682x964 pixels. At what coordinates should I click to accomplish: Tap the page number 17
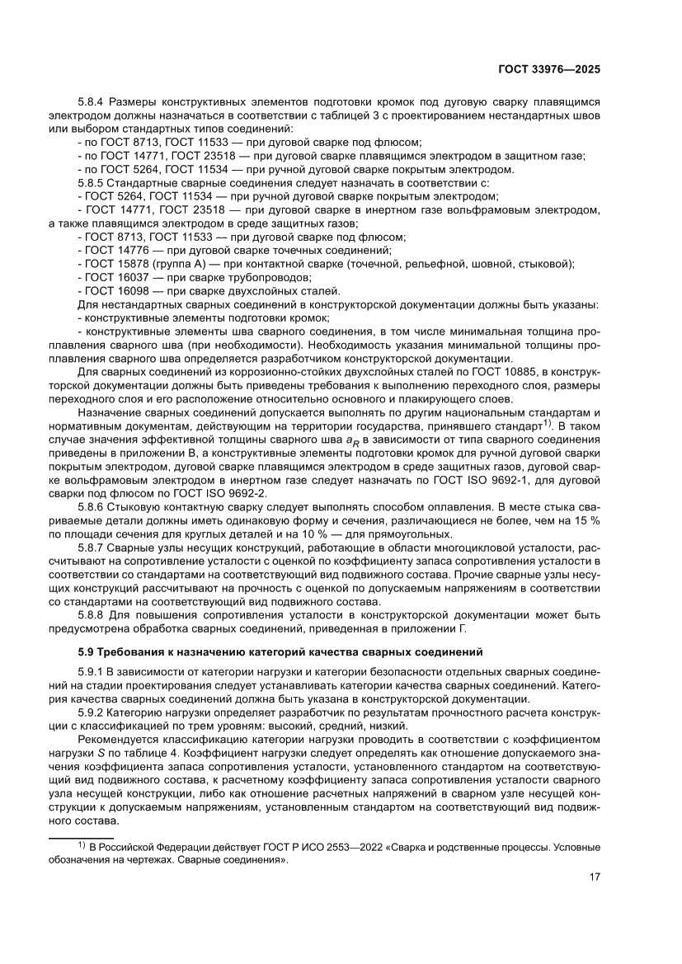click(x=595, y=877)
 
